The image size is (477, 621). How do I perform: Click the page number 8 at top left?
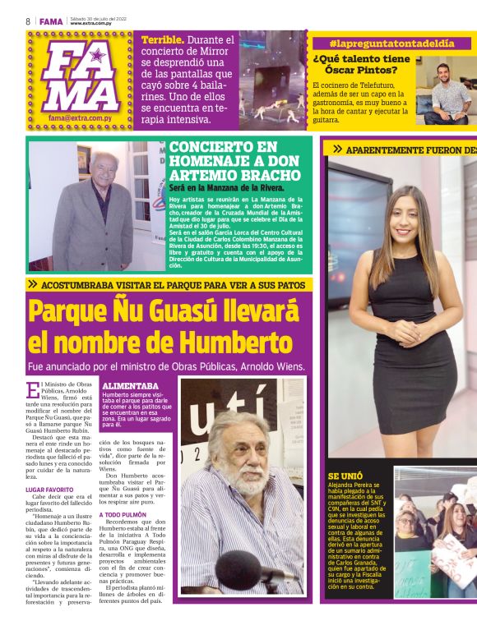click(28, 21)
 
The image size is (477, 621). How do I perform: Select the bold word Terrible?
click(161, 39)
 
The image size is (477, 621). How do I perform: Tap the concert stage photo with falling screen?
click(271, 78)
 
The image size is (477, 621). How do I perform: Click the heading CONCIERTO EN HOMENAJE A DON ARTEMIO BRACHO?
click(234, 160)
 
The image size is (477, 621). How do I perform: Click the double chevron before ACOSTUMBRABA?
click(32, 283)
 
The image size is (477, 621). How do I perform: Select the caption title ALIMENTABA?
click(130, 385)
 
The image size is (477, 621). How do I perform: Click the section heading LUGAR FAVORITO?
click(49, 490)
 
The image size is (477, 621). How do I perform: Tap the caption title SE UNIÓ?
click(345, 475)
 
